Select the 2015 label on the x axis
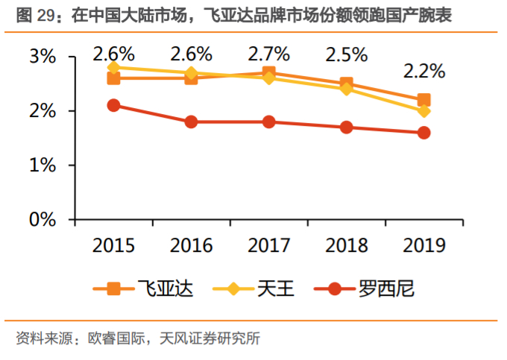[114, 245]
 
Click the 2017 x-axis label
[268, 245]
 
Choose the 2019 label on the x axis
[423, 245]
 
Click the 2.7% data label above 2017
[268, 54]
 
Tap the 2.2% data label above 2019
[423, 72]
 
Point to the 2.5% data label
[346, 54]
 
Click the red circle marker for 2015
[114, 105]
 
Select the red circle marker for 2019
[423, 133]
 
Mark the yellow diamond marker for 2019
[423, 111]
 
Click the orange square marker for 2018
[346, 84]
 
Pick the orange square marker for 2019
[423, 100]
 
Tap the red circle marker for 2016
[191, 121]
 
